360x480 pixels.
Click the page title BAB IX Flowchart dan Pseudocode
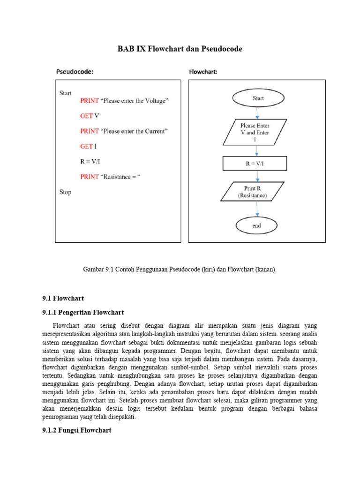point(180,49)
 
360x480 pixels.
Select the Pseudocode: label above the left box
point(75,72)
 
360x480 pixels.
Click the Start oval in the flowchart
point(258,98)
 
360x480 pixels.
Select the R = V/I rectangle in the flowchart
point(255,163)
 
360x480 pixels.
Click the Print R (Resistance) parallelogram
point(255,192)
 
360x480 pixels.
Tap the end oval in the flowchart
point(256,225)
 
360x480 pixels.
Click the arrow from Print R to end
point(256,209)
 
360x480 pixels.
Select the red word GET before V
point(86,116)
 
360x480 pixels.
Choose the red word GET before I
point(86,147)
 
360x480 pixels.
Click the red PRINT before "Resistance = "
point(90,177)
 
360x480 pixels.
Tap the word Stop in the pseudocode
point(65,192)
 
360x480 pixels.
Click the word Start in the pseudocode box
point(66,93)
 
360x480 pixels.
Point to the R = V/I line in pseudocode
point(90,162)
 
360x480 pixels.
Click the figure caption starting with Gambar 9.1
point(180,270)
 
